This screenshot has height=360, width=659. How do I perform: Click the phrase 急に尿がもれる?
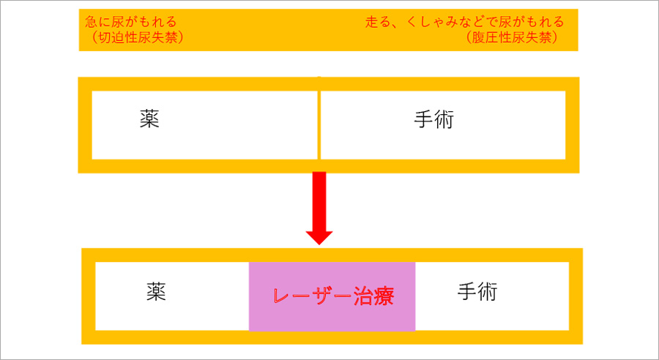pos(131,22)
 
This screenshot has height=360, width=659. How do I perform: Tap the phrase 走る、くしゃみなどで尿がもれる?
pos(464,22)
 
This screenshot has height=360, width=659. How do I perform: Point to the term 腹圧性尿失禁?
pos(512,38)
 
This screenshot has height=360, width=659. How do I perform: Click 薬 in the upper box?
pos(149,119)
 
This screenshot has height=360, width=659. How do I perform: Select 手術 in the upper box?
pos(434,119)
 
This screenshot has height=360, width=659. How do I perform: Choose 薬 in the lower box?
pos(157,291)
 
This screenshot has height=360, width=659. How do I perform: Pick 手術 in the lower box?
pos(477,291)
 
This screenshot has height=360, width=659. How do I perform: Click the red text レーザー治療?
pos(334,296)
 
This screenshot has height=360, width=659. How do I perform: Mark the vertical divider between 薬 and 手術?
pos(319,125)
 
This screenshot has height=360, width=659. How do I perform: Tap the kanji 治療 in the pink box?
pos(373,296)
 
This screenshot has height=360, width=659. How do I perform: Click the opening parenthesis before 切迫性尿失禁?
pos(94,38)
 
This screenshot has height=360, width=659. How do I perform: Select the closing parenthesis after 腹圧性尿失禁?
pos(555,38)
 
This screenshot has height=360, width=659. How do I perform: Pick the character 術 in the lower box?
pos(488,291)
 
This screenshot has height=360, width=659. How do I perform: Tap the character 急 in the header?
pos(92,22)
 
